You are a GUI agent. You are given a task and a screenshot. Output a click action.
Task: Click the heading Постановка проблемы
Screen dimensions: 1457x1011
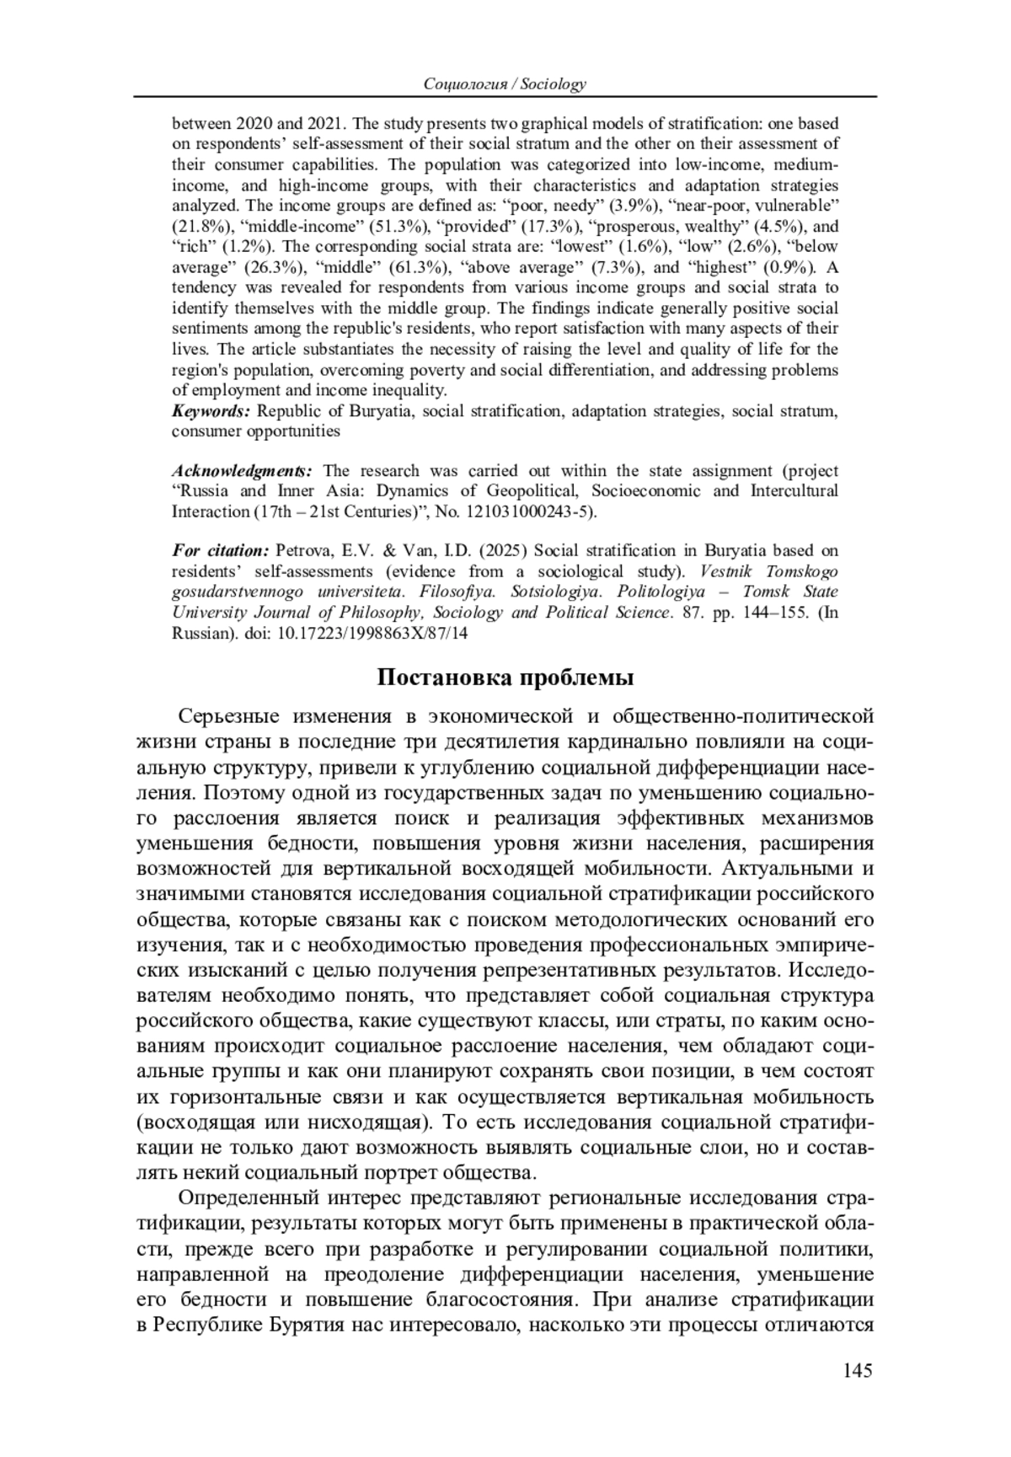[x=505, y=678]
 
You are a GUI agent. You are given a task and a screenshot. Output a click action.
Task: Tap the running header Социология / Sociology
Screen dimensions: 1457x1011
[x=505, y=83]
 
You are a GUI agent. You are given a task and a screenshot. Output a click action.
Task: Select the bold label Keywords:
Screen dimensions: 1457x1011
[x=211, y=411]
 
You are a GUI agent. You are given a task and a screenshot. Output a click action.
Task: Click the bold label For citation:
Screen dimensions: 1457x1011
[x=220, y=551]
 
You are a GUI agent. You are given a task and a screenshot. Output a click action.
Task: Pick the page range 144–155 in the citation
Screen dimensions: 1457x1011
[x=766, y=613]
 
